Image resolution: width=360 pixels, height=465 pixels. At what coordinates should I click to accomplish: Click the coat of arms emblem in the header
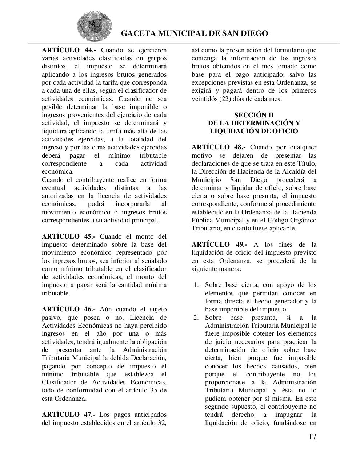point(95,27)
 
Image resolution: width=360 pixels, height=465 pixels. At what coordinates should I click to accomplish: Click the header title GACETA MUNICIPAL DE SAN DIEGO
point(194,33)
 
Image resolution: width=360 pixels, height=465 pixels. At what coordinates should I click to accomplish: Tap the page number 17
point(312,437)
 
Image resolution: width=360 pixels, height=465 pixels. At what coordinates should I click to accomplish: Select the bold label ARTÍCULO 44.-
point(69,50)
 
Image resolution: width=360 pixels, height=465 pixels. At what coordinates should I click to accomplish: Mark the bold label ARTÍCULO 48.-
point(219,147)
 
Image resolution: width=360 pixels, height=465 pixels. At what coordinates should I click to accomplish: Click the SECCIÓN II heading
point(254,115)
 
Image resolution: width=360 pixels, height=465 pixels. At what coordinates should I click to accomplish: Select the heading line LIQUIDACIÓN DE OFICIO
point(254,131)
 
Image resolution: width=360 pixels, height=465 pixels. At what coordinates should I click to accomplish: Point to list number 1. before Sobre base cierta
point(196,285)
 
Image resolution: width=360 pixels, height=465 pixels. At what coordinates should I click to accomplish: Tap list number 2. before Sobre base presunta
point(196,318)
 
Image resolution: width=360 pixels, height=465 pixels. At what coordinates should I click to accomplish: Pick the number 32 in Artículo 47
point(161,422)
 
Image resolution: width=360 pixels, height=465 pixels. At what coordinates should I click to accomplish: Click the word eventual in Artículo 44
point(53,188)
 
